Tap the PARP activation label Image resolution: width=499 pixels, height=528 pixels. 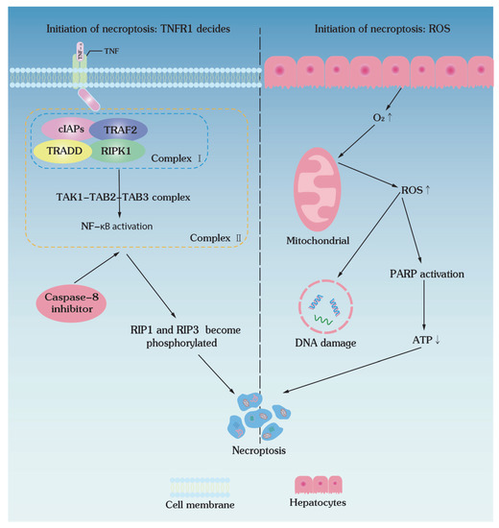click(x=428, y=273)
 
